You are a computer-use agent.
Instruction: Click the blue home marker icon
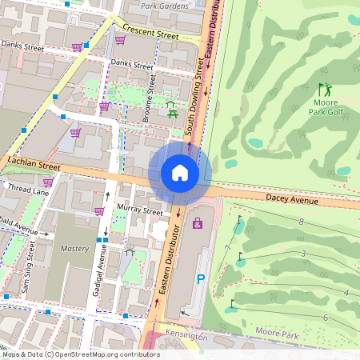(x=180, y=173)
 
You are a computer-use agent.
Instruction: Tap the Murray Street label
(x=139, y=211)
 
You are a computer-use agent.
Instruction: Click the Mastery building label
(x=74, y=249)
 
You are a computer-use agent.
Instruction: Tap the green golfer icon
(x=324, y=90)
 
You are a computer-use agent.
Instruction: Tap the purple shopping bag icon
(x=198, y=223)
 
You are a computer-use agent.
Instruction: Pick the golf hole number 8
(x=302, y=222)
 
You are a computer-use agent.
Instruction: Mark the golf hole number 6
(x=325, y=318)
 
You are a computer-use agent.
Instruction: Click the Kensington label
(x=186, y=337)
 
